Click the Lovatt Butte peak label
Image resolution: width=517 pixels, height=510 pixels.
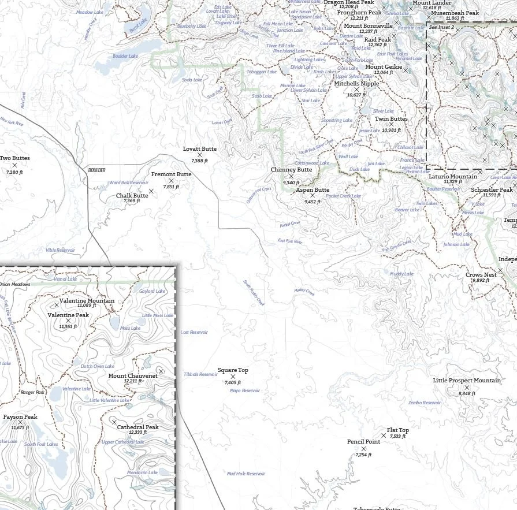pyautogui.click(x=200, y=149)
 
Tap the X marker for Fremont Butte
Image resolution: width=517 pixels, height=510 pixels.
pyautogui.click(x=171, y=181)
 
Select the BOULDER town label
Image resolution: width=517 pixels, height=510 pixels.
pyautogui.click(x=98, y=170)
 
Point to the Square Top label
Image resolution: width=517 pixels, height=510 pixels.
pyautogui.click(x=233, y=370)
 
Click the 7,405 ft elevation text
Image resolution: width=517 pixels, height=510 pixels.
pyautogui.click(x=233, y=382)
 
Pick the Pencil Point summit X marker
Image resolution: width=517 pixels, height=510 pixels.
pyautogui.click(x=363, y=449)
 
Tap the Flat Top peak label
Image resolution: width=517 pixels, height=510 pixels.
pyautogui.click(x=398, y=430)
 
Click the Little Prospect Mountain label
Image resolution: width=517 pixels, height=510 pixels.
pyautogui.click(x=467, y=381)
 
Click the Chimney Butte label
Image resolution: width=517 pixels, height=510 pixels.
pyautogui.click(x=291, y=170)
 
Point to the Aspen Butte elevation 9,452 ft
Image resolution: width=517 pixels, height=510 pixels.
pyautogui.click(x=313, y=202)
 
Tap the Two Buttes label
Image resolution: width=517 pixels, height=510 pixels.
pyautogui.click(x=14, y=158)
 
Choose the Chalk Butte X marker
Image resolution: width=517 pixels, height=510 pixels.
pyautogui.click(x=151, y=191)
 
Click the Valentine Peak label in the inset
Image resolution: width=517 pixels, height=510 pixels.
pyautogui.click(x=68, y=315)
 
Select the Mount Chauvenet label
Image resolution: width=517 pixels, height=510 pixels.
pyautogui.click(x=133, y=375)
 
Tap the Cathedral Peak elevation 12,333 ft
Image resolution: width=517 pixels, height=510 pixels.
pyautogui.click(x=137, y=433)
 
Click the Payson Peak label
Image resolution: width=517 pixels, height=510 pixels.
pyautogui.click(x=20, y=417)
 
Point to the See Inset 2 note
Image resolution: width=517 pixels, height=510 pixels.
pyautogui.click(x=441, y=27)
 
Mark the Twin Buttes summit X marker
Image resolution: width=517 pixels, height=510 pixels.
pyautogui.click(x=391, y=124)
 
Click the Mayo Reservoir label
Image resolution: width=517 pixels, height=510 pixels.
pyautogui.click(x=244, y=390)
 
